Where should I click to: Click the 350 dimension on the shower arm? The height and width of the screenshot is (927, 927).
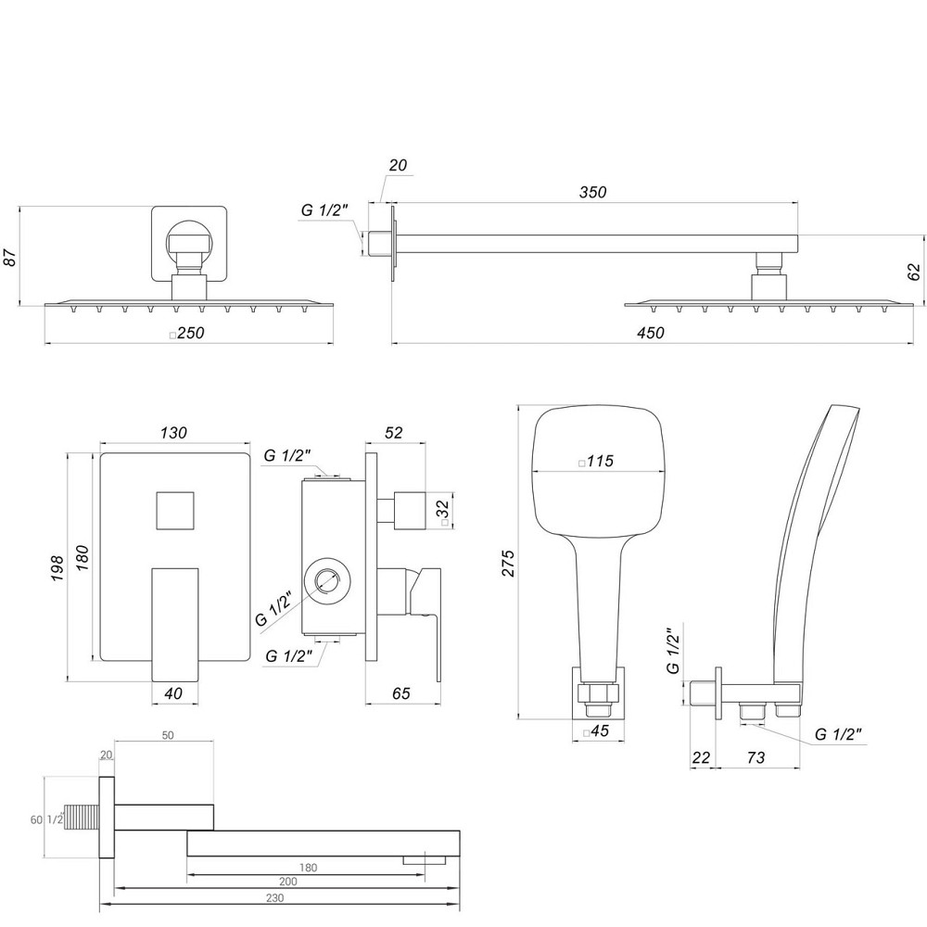point(592,192)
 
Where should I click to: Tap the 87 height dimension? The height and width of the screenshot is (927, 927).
point(11,256)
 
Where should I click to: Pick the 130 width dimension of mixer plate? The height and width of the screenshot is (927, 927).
point(173,433)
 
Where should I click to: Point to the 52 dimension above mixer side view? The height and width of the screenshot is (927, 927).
point(393,433)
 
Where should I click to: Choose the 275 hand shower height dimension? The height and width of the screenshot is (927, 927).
point(506,562)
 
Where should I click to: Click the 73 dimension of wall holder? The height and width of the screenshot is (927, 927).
point(755,757)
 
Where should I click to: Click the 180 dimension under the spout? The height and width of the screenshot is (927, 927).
point(309,868)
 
